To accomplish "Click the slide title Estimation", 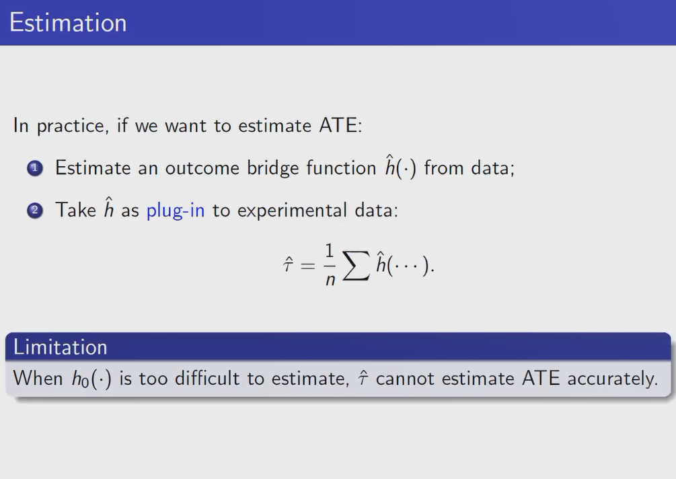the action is pyautogui.click(x=68, y=22).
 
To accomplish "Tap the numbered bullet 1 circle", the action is pyautogui.click(x=35, y=168).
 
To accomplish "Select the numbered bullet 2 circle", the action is pyautogui.click(x=35, y=211).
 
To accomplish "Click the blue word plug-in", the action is pyautogui.click(x=176, y=211).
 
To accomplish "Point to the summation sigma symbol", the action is pyautogui.click(x=356, y=266).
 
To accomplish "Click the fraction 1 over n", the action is pyautogui.click(x=330, y=264).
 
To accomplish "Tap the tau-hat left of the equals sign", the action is pyautogui.click(x=288, y=264).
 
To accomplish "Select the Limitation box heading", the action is pyautogui.click(x=61, y=347).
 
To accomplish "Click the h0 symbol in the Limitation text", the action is pyautogui.click(x=80, y=379).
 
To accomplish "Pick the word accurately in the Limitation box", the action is pyautogui.click(x=613, y=379).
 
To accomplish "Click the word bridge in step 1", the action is pyautogui.click(x=272, y=168).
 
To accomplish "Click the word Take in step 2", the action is pyautogui.click(x=76, y=210).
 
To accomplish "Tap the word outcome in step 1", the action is pyautogui.click(x=202, y=168).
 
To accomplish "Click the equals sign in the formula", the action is pyautogui.click(x=308, y=266).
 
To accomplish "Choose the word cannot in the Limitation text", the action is pyautogui.click(x=405, y=379).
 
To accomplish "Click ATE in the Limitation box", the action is pyautogui.click(x=541, y=378).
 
